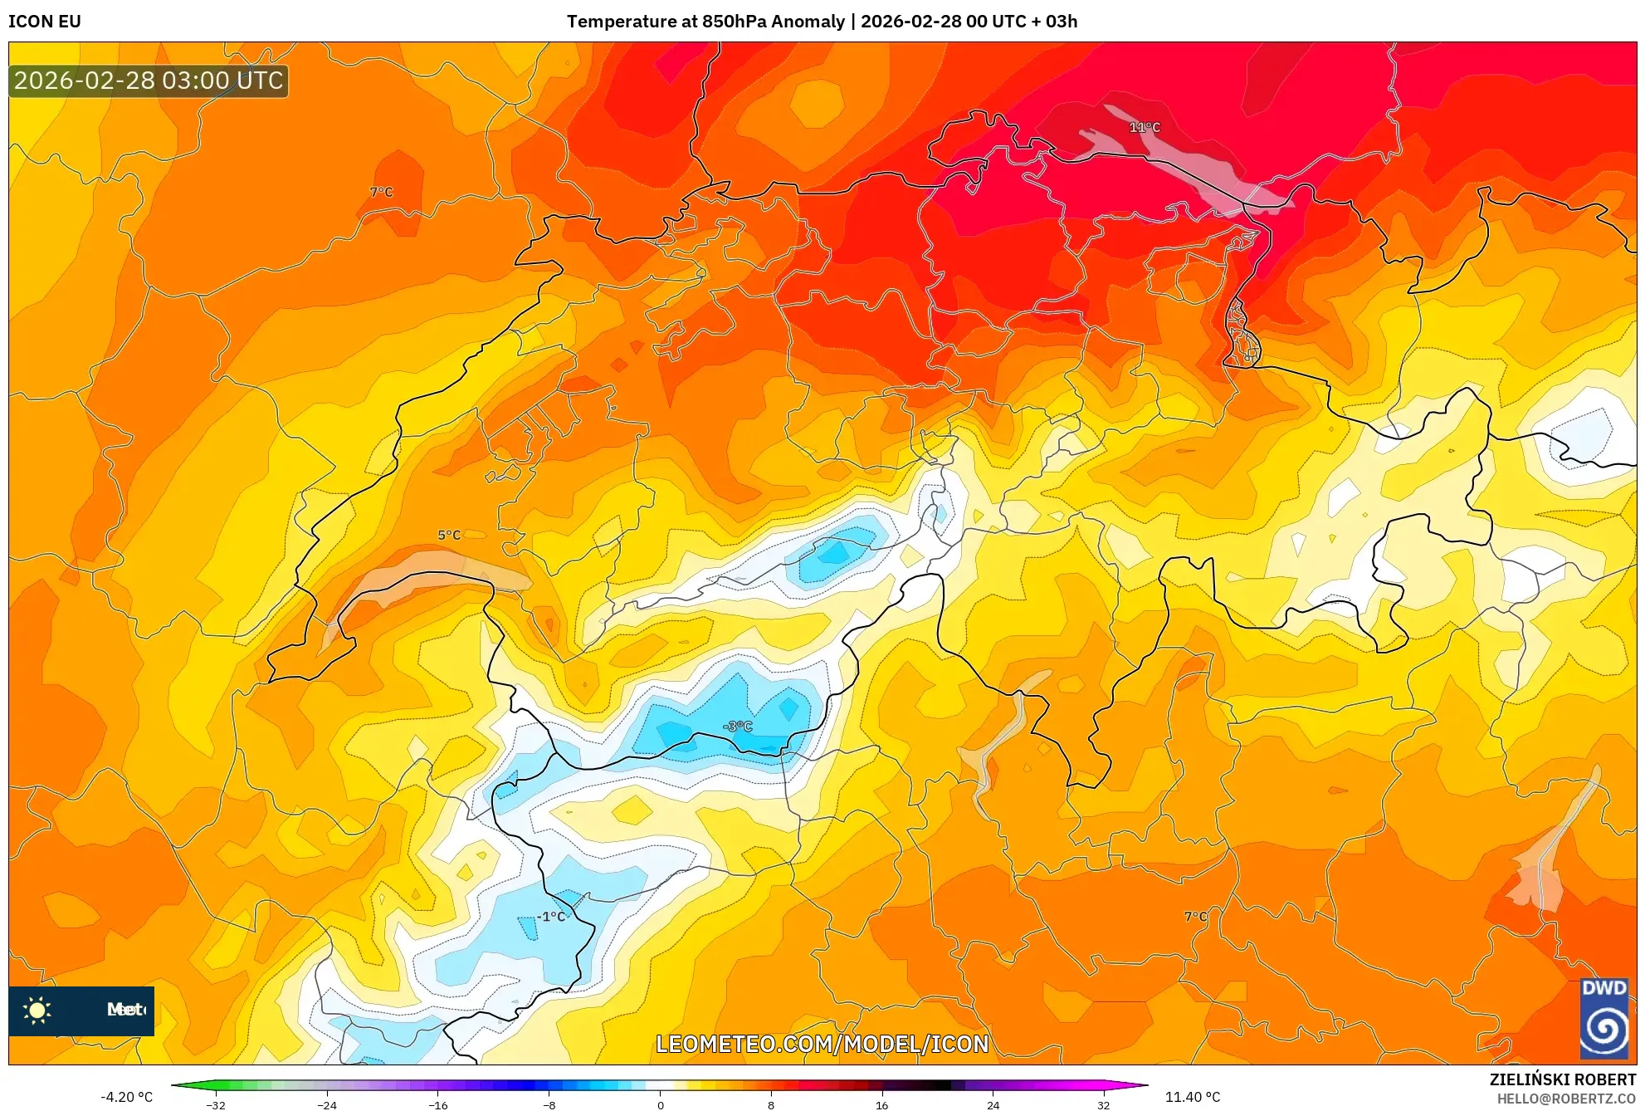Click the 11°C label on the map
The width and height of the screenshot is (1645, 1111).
1144,127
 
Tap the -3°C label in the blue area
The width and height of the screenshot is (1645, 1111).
738,727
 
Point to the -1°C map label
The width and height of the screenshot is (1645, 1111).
552,917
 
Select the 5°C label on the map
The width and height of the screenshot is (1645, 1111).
449,536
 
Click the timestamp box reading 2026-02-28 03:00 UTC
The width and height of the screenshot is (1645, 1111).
149,81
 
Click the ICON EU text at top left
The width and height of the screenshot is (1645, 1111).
45,22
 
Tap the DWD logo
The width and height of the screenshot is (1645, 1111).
1604,1019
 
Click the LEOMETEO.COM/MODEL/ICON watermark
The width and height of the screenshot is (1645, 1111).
822,1044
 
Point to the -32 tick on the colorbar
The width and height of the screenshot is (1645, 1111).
216,1105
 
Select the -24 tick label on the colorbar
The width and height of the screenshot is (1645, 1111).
327,1105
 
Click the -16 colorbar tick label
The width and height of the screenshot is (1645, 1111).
438,1105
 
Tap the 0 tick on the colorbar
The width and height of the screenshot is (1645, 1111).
661,1105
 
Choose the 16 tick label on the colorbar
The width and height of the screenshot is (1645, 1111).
881,1105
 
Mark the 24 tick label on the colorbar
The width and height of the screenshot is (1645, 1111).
993,1105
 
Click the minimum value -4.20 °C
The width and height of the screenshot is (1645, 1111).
127,1097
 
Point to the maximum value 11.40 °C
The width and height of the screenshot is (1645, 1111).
1193,1097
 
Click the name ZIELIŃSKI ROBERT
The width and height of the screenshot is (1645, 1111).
1562,1079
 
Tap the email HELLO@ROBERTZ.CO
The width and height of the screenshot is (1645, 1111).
1565,1099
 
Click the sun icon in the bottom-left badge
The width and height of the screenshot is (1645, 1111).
37,1010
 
